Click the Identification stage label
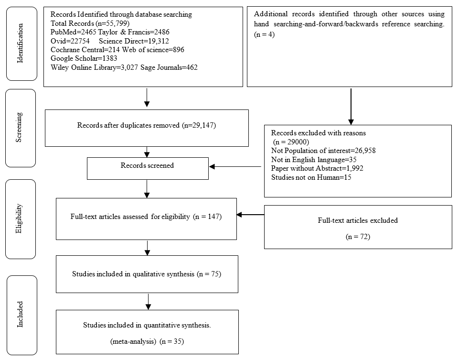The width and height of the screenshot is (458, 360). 20,44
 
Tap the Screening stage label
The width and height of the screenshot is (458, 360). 19,127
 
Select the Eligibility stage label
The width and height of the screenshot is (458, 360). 19,218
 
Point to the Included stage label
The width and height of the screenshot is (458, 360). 20,314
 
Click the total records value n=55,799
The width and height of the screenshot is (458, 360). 113,23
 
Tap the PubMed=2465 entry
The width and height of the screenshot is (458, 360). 74,32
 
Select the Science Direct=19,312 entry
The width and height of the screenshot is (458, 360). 134,41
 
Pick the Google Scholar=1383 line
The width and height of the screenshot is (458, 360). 84,58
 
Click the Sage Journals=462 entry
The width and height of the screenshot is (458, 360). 169,67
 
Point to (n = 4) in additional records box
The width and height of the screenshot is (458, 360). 265,34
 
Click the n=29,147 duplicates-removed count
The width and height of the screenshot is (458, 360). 199,125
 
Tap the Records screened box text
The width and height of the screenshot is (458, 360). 147,165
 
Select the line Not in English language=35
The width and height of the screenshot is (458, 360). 314,159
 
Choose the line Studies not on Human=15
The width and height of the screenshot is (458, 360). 311,177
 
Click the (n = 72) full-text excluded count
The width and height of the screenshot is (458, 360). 358,237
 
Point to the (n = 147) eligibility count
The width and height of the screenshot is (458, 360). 207,217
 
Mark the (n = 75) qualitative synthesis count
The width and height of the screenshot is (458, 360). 209,274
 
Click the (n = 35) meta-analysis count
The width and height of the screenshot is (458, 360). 172,341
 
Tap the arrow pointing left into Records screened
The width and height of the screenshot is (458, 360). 235,167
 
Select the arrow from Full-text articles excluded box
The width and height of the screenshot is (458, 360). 250,215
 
